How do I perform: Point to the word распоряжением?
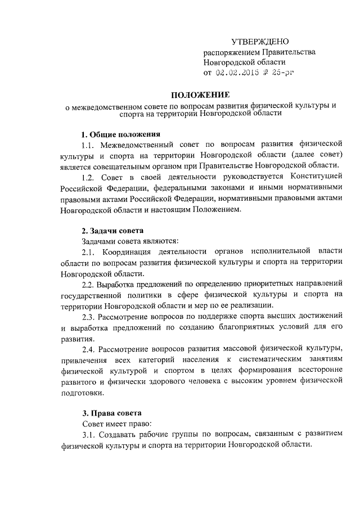[231, 52]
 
